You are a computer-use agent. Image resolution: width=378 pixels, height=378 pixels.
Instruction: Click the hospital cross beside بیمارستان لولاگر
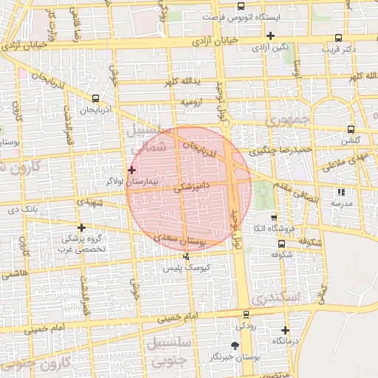coord(132,170)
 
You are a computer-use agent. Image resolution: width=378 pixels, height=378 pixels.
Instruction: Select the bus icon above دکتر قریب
coord(338,38)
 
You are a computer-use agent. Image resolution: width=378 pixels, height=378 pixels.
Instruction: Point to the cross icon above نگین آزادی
coord(271,35)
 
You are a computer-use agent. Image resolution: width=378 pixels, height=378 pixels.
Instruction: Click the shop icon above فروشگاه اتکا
coord(274,218)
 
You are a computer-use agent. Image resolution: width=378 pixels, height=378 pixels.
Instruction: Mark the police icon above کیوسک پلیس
coord(186,256)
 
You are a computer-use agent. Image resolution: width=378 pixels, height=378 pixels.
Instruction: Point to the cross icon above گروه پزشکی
coord(81,227)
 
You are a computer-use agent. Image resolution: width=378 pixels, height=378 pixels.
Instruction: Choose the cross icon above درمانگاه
coord(286,330)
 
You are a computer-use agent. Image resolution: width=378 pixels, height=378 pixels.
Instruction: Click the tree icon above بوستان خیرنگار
coord(236,345)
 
